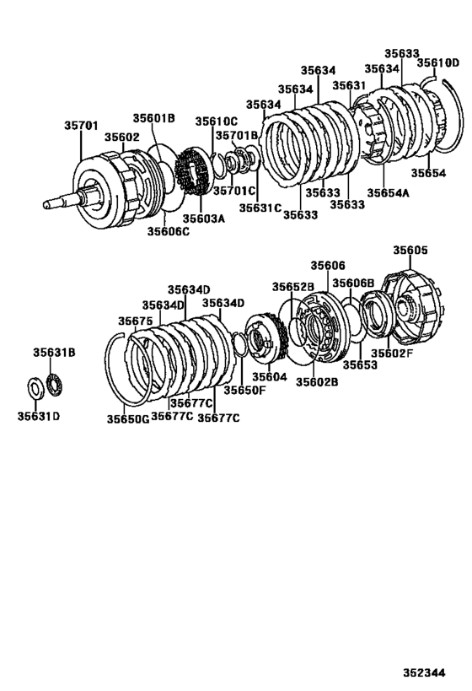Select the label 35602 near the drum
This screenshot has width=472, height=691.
pyautogui.click(x=121, y=137)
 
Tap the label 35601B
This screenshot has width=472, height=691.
pyautogui.click(x=153, y=119)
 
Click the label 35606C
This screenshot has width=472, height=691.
pyautogui.click(x=168, y=230)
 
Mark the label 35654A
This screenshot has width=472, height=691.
pyautogui.click(x=388, y=193)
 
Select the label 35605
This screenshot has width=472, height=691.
pyautogui.click(x=410, y=250)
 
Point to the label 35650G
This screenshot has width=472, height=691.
pyautogui.click(x=127, y=418)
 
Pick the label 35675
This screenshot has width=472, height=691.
pyautogui.click(x=135, y=321)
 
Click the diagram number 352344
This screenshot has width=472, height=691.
pyautogui.click(x=435, y=673)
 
